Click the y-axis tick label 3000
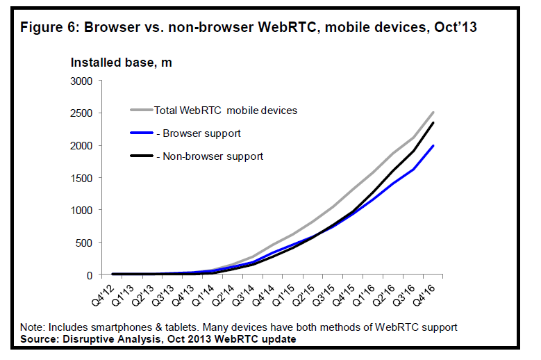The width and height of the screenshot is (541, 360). point(81,81)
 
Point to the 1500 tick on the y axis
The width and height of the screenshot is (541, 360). point(81,178)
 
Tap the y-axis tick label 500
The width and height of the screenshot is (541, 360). point(85,243)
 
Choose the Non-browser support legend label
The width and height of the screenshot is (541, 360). point(208,156)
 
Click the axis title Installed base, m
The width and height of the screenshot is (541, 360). point(121,63)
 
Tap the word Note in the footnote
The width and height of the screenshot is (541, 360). point(32,327)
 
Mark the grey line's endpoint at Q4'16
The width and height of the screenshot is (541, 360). point(434,112)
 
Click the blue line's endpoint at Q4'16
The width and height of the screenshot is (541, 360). point(434,145)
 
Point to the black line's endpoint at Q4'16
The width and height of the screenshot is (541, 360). point(434,123)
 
